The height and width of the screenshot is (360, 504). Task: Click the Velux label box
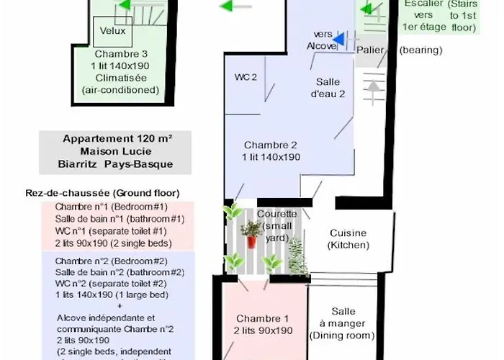[112, 31]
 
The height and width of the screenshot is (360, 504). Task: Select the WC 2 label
[246, 77]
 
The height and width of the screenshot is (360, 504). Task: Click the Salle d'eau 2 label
[328, 87]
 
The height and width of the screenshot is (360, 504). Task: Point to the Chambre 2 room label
[271, 144]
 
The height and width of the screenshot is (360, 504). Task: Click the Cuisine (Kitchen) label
[348, 238]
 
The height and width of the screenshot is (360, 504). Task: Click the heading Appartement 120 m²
[117, 139]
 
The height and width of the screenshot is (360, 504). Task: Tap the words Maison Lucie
[117, 151]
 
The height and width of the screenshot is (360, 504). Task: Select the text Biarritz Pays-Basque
[117, 163]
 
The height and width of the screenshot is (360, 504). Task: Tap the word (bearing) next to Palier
[420, 50]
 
